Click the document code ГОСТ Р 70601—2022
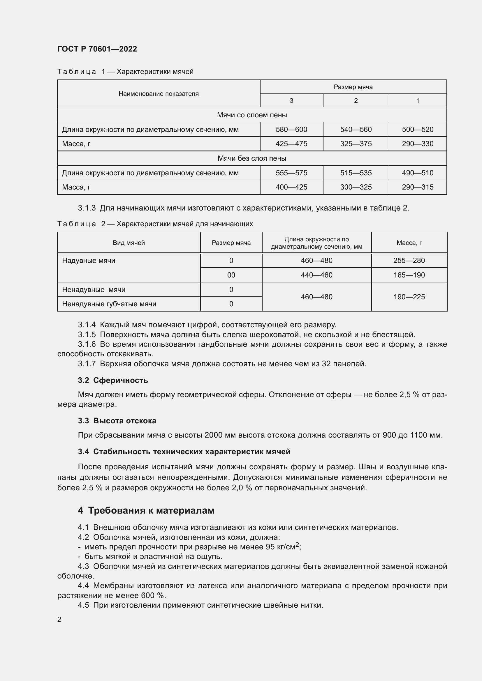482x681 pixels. pos(97,49)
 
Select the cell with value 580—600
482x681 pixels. pos(291,130)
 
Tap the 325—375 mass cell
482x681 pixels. pos(356,144)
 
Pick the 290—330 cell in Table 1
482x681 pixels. pos(417,144)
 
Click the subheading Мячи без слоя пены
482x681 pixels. pos(252,158)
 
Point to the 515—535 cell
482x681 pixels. pos(356,173)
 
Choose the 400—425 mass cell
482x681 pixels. pos(291,187)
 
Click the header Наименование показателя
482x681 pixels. pos(159,94)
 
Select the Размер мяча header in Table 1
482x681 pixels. pos(353,87)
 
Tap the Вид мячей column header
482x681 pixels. pos(129,243)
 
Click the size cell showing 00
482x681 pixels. pos(231,275)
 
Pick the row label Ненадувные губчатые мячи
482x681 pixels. pos(109,304)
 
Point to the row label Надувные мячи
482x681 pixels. pos(89,261)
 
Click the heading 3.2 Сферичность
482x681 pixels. pos(113,380)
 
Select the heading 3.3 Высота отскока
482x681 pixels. pos(117,421)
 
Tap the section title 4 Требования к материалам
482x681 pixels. pos(146,510)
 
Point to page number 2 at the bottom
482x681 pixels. pos(59,620)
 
